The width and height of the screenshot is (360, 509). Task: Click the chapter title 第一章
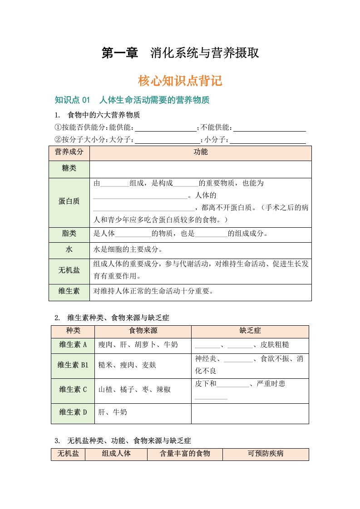[119, 53]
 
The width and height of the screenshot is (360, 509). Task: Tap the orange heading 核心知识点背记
[180, 81]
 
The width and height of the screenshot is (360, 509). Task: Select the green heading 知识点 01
[73, 100]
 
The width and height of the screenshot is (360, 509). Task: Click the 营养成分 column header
[69, 152]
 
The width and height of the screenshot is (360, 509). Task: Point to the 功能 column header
[200, 152]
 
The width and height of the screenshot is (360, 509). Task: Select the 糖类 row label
[69, 169]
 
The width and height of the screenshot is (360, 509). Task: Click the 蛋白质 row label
[69, 201]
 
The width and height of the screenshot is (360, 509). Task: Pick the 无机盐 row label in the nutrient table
[69, 270]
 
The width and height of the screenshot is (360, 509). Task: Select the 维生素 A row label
[73, 345]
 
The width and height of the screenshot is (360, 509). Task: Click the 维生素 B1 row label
[73, 364]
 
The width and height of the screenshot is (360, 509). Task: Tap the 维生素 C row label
[73, 389]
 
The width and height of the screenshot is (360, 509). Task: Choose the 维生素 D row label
[73, 412]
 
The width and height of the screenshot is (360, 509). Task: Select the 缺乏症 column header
[250, 331]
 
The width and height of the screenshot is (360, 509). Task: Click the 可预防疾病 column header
[266, 453]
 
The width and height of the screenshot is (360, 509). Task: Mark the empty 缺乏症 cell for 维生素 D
[250, 412]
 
